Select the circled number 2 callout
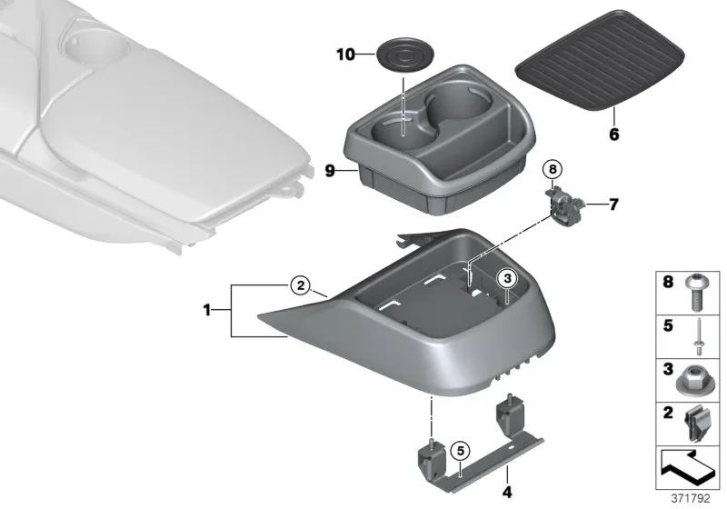(x=300, y=285)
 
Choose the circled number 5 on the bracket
(x=460, y=448)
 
